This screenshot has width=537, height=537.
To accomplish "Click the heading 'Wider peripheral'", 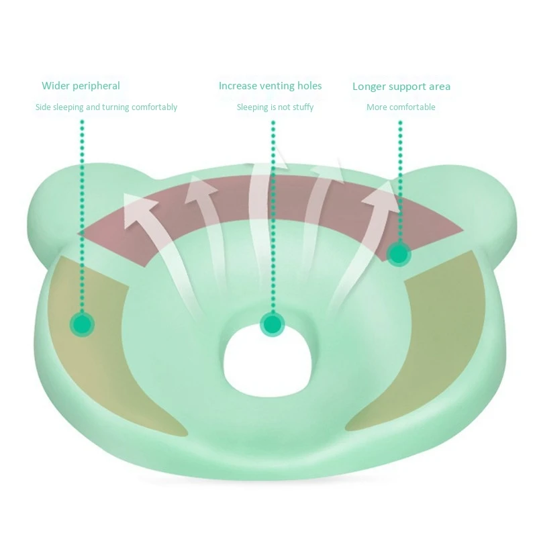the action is (81, 86).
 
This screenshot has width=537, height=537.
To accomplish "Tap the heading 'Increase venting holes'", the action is (270, 86).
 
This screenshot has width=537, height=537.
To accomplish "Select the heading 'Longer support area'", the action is (401, 87).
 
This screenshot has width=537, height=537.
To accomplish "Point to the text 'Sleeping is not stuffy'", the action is (275, 107).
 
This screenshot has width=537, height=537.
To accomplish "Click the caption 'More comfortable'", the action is (401, 107).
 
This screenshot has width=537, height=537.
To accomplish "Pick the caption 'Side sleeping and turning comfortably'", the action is (106, 107).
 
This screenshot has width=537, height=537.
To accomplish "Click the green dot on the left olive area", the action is (83, 324).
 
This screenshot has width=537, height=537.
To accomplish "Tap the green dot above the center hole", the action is (272, 325).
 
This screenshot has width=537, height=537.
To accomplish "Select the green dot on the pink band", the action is (399, 253).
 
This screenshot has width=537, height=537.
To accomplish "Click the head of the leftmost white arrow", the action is (138, 205).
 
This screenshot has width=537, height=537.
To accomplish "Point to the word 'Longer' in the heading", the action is (369, 87).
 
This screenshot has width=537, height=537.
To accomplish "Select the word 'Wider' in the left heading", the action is (56, 86).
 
